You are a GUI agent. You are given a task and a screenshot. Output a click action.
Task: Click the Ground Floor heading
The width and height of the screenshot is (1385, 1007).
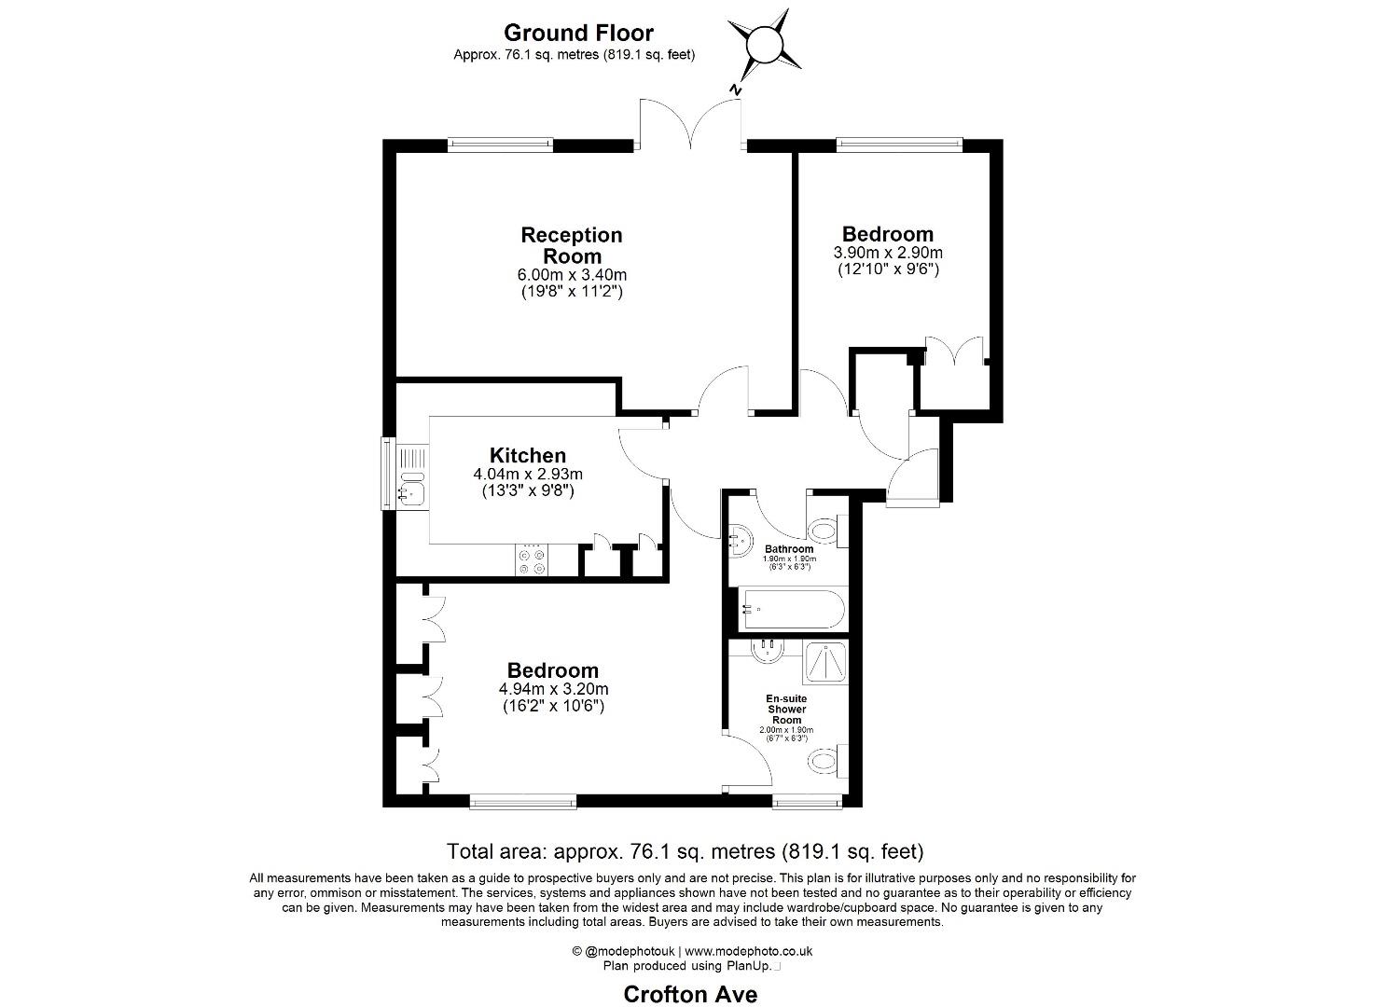click(578, 33)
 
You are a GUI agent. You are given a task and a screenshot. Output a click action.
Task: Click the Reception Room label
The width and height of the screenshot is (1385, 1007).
click(572, 245)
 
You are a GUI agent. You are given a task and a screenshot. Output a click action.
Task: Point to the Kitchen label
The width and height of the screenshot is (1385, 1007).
click(527, 455)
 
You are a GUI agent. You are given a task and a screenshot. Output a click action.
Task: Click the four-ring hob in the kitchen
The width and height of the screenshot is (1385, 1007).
click(532, 560)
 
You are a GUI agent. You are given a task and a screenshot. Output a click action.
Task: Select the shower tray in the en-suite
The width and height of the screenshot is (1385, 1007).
click(825, 662)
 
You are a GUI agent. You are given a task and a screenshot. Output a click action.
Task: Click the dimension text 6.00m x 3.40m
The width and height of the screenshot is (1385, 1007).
click(572, 274)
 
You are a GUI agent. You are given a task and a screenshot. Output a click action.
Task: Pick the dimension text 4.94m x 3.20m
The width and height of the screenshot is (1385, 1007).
click(553, 689)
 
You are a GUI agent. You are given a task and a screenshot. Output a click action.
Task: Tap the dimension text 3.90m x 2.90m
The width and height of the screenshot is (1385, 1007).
click(888, 252)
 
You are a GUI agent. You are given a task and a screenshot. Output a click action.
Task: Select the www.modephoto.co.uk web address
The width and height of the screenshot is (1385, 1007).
click(748, 951)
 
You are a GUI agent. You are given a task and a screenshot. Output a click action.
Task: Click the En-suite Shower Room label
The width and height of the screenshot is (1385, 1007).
click(786, 709)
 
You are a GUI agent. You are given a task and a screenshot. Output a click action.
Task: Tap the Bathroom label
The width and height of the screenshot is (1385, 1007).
click(789, 549)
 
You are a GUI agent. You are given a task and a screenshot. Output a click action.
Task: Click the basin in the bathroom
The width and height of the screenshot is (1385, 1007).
click(740, 542)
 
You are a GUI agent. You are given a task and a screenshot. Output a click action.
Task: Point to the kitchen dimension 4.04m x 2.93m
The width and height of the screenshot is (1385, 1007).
click(527, 475)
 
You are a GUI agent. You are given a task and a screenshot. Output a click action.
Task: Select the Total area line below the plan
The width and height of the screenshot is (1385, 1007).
click(686, 852)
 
